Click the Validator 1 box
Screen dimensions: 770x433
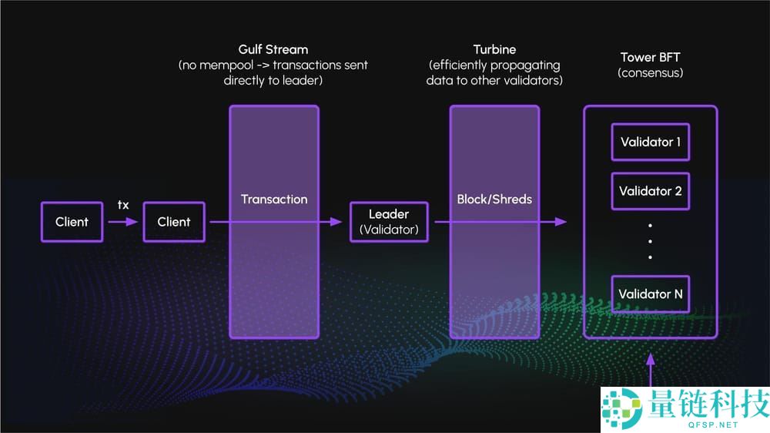650,142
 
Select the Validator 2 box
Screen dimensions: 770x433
650,191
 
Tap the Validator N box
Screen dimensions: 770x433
650,294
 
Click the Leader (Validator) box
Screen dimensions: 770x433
389,222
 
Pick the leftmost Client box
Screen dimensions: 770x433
72,222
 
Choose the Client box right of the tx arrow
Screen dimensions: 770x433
174,222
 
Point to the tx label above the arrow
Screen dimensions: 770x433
123,204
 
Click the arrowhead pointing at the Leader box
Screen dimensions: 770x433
336,222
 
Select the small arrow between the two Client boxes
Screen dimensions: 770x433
122,222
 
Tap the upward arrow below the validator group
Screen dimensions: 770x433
651,370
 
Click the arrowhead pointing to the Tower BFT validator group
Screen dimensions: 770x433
561,222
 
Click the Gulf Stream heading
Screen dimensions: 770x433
273,49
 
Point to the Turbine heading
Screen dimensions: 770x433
494,49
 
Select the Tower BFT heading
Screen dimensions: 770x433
650,58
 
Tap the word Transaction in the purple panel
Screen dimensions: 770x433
274,199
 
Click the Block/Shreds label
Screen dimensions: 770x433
494,199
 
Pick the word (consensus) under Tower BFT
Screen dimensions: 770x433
650,73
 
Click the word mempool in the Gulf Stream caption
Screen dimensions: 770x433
227,65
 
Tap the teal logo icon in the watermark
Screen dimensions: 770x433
622,408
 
